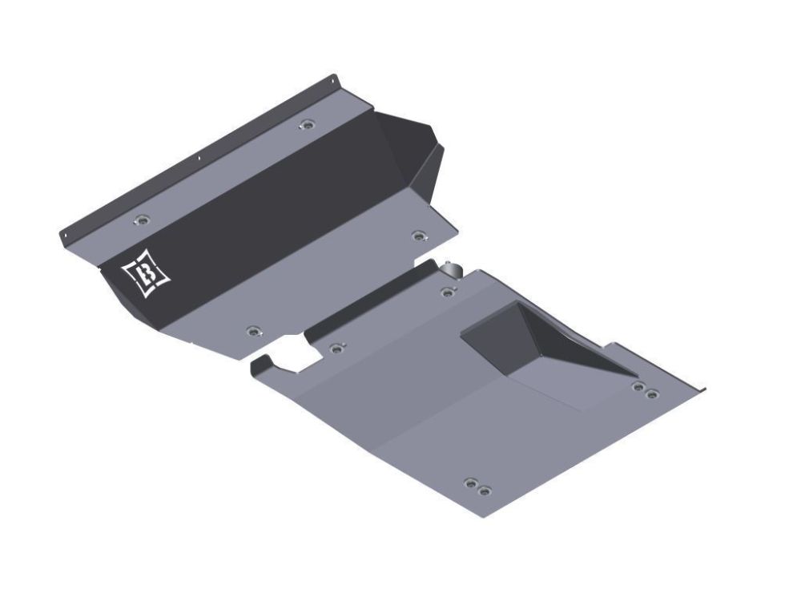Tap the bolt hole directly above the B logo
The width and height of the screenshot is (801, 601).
pos(143,220)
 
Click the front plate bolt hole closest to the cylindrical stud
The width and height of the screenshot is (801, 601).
pos(417,236)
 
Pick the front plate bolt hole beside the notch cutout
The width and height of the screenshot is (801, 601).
pos(253,330)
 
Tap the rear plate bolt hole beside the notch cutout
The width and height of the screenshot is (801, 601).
pos(336,348)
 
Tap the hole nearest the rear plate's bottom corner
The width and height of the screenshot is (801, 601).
pos(483,490)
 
